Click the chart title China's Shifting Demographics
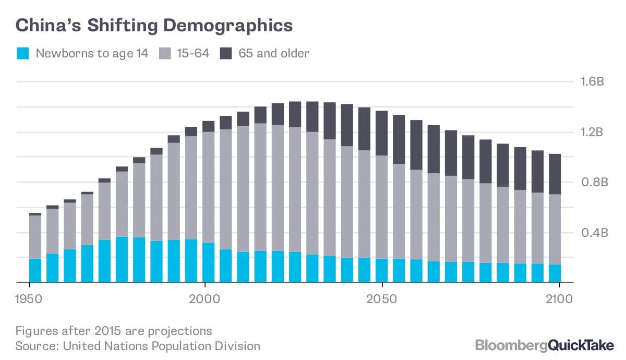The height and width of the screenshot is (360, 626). [154, 26]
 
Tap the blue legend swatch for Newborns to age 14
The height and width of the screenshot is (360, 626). [23, 53]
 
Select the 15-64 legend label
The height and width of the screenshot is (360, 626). [186, 53]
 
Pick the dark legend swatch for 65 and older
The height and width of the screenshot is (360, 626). [226, 53]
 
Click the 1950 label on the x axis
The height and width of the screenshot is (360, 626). [29, 300]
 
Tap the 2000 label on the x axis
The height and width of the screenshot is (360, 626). [205, 300]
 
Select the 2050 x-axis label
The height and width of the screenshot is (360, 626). [382, 300]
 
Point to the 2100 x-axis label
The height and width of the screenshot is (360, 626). [559, 300]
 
